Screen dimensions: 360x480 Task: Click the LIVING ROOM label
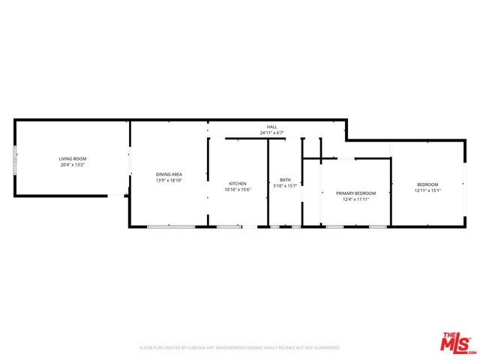(73, 158)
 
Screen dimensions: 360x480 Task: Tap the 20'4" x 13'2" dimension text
(73, 164)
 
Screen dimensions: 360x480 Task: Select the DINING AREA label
(169, 174)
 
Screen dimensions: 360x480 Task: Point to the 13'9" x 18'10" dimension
(169, 180)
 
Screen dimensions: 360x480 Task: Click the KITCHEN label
(238, 184)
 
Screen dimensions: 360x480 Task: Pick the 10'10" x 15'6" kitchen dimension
(238, 190)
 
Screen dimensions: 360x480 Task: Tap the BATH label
(285, 180)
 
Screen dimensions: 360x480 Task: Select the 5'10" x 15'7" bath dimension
(285, 186)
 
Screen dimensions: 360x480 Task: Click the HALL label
(271, 127)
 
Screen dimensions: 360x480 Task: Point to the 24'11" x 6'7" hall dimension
(271, 133)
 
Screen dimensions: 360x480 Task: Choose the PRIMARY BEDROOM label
(355, 193)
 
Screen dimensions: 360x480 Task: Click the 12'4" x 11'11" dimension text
(355, 199)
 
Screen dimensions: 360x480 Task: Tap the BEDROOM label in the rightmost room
(427, 184)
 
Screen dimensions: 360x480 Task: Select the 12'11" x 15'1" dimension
(427, 190)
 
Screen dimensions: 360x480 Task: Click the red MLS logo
(457, 343)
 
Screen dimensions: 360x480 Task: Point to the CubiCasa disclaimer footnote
(240, 347)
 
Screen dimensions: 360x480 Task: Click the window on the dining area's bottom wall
(171, 226)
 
